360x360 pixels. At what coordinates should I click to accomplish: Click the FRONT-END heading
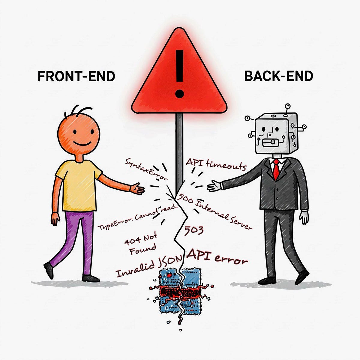76,76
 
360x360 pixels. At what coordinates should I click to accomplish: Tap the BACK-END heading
279,76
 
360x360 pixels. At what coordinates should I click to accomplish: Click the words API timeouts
216,165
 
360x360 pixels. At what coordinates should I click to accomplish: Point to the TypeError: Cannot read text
137,217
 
